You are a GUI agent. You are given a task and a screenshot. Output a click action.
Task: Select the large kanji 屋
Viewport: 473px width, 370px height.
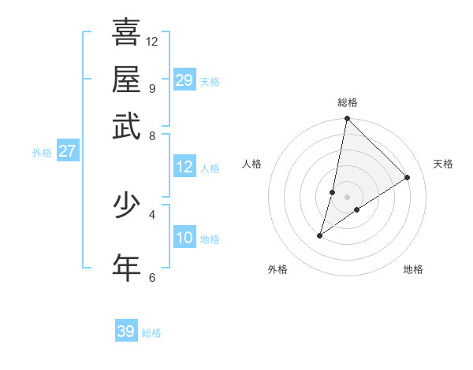click(126, 79)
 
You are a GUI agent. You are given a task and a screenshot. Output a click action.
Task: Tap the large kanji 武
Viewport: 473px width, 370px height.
click(126, 126)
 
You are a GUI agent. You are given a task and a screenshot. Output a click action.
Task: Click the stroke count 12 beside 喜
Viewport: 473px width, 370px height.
click(152, 41)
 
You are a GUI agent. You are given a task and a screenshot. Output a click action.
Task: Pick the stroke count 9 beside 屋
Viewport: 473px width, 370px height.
click(151, 88)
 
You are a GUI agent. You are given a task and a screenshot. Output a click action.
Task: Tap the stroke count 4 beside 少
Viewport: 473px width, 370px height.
click(151, 214)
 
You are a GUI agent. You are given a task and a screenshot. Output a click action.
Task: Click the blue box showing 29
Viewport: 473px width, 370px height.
click(184, 80)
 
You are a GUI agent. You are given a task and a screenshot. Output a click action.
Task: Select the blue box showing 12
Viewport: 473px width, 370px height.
click(184, 167)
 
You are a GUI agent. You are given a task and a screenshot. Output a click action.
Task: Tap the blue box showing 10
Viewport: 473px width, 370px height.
click(184, 238)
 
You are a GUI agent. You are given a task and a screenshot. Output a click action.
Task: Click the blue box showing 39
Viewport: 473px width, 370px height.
click(126, 331)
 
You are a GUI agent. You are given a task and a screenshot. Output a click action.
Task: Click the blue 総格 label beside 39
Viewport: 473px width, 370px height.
click(151, 333)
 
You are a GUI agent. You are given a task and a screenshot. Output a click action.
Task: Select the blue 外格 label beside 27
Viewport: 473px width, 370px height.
click(42, 153)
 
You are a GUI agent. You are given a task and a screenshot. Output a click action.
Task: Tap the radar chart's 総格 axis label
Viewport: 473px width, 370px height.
click(348, 102)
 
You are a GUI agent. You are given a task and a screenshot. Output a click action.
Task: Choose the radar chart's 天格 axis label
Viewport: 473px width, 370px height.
click(443, 164)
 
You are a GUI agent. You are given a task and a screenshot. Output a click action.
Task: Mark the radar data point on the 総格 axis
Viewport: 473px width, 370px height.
click(347, 119)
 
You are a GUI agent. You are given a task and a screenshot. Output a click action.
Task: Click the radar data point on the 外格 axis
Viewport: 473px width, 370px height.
click(320, 235)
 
